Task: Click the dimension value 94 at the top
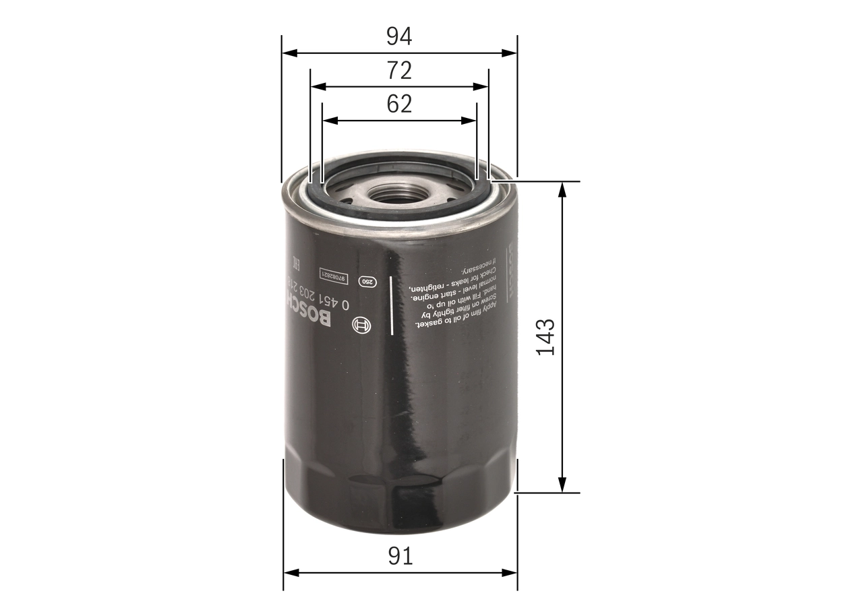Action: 398,36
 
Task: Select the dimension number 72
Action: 398,70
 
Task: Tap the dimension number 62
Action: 399,104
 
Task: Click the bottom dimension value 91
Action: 400,556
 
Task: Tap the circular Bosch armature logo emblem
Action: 362,326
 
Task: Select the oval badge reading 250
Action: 366,282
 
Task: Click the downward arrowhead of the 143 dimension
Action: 562,485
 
